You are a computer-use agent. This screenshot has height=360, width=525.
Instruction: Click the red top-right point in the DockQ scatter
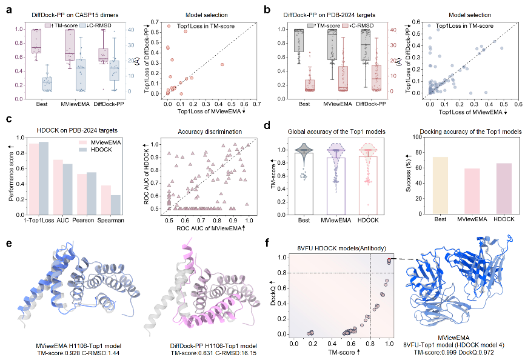[388, 260]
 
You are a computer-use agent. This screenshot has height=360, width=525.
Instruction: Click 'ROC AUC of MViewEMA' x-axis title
[205, 227]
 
